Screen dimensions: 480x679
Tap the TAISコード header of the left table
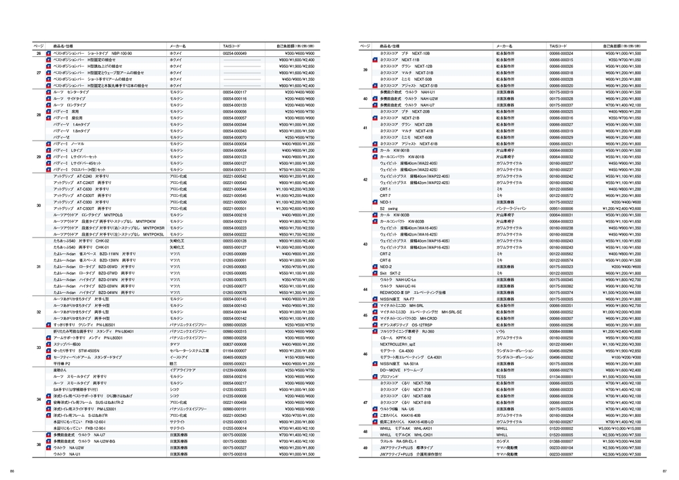(x=232, y=45)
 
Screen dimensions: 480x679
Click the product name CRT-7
(x=385, y=196)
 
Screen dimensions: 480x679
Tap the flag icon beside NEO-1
(x=373, y=202)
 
